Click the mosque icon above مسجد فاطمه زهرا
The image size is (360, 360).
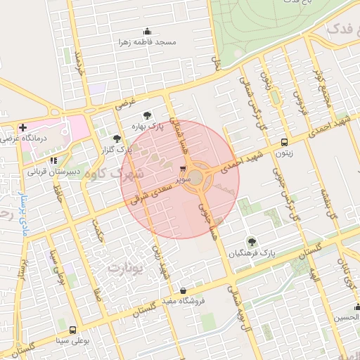tap(147, 31)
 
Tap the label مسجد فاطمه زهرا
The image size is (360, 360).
tap(147, 42)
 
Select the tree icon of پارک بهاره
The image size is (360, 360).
tap(146, 115)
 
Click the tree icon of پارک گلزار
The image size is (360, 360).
tap(116, 139)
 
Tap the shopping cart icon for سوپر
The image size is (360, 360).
tap(184, 169)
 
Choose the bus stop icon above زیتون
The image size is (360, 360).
tap(284, 140)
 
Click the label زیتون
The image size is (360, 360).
tap(284, 150)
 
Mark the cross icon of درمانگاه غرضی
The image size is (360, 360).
tap(23, 128)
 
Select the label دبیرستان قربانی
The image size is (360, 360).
tap(54, 171)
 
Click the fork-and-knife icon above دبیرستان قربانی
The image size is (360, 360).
tap(53, 160)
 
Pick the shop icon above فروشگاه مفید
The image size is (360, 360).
tap(183, 290)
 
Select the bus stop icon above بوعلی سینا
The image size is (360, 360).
tap(73, 329)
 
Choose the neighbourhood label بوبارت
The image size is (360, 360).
tap(124, 268)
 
